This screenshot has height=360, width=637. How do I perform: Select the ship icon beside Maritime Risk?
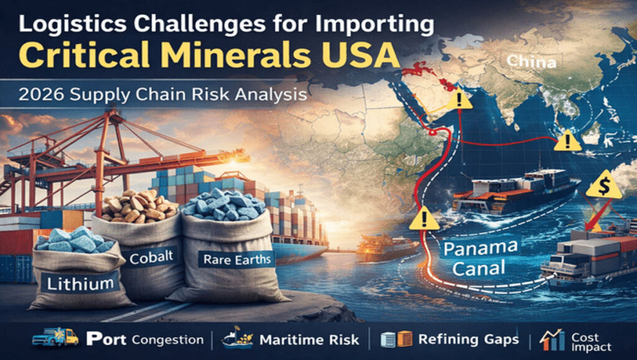[x=238, y=338]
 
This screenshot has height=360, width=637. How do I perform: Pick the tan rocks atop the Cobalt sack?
[x=138, y=205]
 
